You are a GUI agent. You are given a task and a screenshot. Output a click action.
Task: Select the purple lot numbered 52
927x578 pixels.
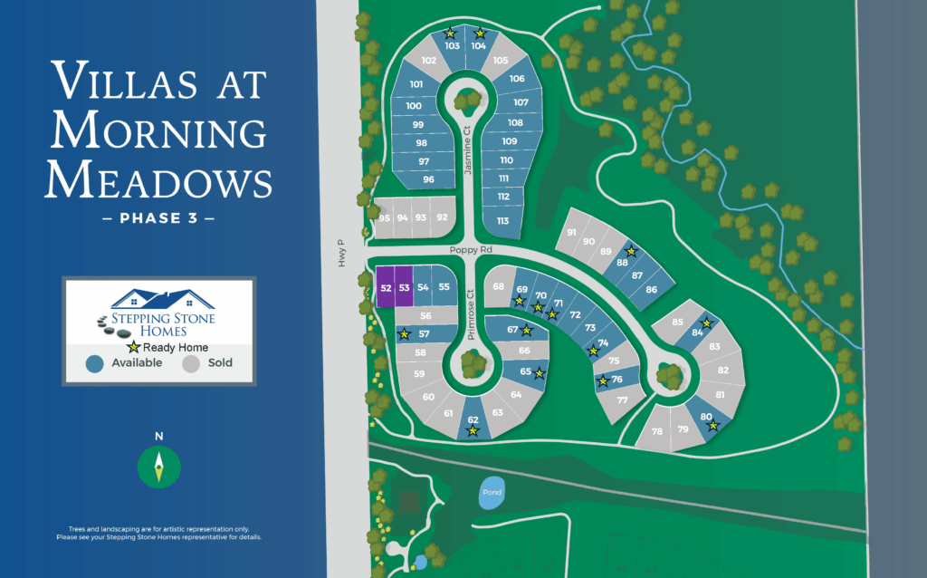(x=386, y=287)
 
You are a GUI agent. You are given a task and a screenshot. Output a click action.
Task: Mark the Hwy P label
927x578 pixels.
(x=342, y=251)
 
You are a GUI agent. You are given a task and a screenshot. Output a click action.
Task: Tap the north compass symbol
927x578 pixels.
(x=159, y=466)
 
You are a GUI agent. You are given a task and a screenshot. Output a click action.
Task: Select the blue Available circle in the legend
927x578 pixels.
(x=93, y=363)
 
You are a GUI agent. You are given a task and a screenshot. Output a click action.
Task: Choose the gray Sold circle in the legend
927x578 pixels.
(x=191, y=363)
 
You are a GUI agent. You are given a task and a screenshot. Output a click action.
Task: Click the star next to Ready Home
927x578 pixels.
(x=134, y=347)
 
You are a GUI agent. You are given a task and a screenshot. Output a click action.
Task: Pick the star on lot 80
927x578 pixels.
(x=713, y=425)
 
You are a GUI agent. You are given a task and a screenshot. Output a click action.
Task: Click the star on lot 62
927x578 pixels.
(x=473, y=431)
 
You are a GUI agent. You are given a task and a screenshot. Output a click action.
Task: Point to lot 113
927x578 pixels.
(x=502, y=221)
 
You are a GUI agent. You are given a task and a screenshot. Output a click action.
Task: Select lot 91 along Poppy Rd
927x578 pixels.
(x=571, y=232)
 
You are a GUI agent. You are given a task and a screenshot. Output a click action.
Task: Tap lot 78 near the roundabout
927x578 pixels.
(x=656, y=432)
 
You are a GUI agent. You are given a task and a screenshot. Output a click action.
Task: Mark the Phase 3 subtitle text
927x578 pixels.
(x=158, y=218)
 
